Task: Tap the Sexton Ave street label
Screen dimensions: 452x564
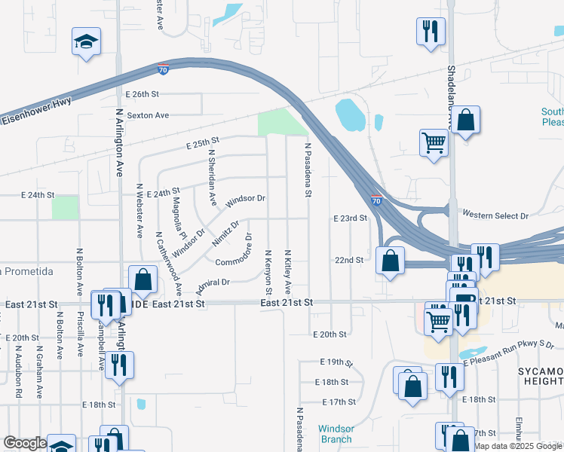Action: point(147,115)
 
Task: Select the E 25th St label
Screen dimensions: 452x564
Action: point(202,142)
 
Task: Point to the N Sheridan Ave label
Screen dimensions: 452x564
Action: point(212,178)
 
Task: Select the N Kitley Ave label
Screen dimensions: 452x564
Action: point(287,272)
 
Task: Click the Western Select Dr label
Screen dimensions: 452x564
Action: point(495,215)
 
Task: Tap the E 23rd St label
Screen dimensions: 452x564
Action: point(349,218)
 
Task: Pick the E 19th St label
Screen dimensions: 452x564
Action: point(336,362)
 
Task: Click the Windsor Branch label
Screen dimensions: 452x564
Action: point(336,434)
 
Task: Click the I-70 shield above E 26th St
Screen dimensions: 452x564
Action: point(163,70)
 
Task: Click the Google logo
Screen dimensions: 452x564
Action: point(25,444)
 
